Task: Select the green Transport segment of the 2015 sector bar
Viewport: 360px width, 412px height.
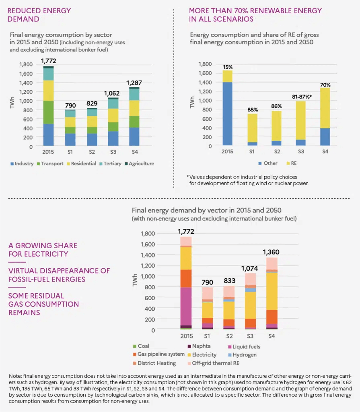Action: click(x=49, y=112)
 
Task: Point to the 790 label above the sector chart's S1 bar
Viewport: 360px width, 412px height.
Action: click(x=70, y=105)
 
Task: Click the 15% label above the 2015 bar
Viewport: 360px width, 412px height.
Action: click(x=227, y=66)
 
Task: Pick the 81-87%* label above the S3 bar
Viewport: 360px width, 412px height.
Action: click(x=301, y=97)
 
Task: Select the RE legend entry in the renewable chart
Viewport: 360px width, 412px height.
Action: click(x=294, y=163)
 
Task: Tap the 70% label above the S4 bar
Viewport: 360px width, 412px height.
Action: click(x=325, y=85)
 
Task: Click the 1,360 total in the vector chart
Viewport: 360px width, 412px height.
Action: click(x=271, y=252)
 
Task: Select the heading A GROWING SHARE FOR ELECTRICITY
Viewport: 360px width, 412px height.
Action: click(x=43, y=249)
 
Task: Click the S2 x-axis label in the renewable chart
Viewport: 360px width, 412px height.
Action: click(x=276, y=151)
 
